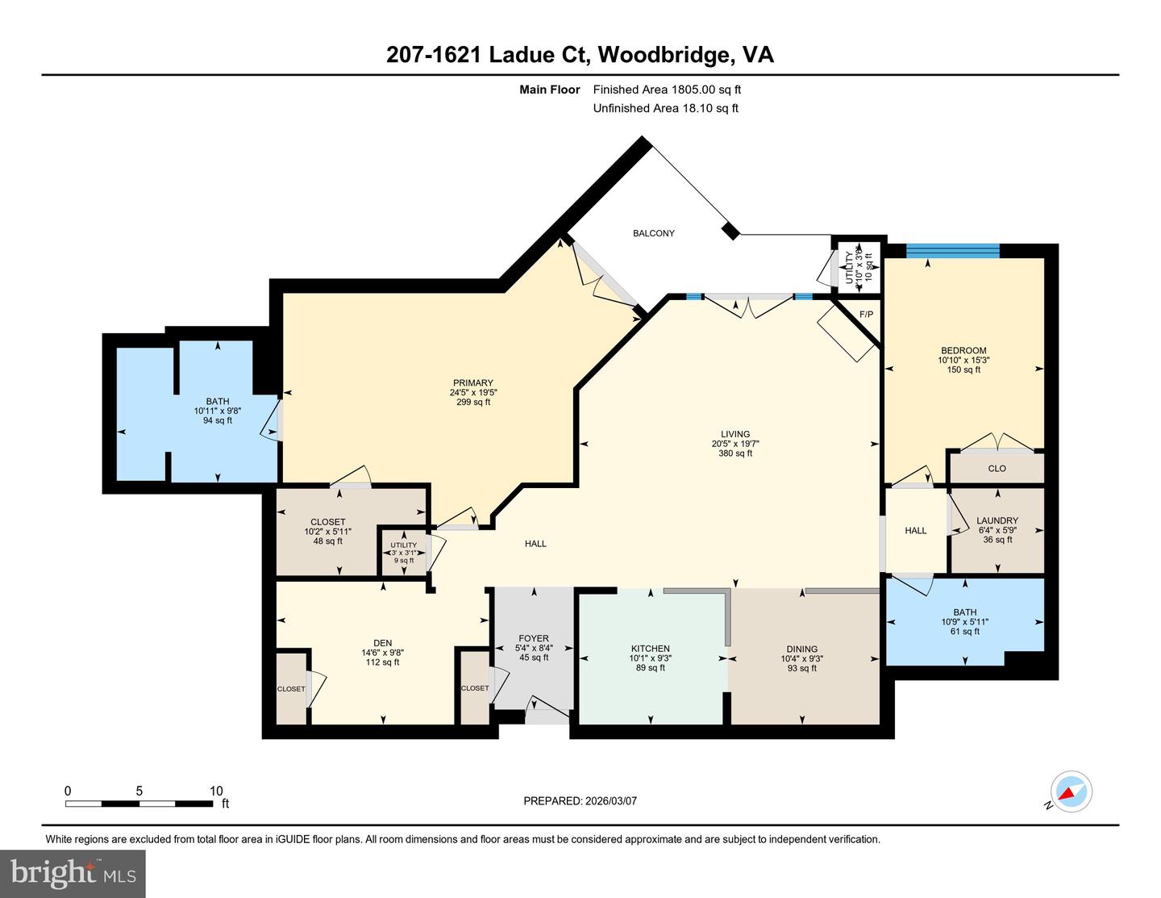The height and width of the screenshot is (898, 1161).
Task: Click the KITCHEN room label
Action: [x=650, y=649]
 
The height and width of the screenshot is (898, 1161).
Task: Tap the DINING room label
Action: [x=801, y=649]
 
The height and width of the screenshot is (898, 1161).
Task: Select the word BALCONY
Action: [x=653, y=233]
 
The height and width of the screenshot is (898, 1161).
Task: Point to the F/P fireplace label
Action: [x=866, y=314]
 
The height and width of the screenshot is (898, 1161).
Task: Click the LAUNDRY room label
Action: [x=997, y=520]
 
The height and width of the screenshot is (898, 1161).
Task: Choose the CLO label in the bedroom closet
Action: [x=997, y=468]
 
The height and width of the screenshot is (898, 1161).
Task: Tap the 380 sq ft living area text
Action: [x=734, y=453]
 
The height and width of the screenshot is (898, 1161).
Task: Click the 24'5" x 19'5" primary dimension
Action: [x=472, y=393]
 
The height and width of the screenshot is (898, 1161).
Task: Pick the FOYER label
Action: [x=534, y=638]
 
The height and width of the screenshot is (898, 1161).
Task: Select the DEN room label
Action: [x=382, y=643]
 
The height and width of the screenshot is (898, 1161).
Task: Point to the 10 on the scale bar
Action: [x=216, y=791]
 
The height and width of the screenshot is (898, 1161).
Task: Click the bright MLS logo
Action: [x=73, y=874]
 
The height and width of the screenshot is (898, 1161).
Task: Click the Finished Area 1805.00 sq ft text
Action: [x=667, y=90]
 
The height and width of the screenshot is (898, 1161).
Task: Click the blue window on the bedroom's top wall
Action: [x=952, y=250]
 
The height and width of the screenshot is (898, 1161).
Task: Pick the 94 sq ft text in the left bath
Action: [x=217, y=420]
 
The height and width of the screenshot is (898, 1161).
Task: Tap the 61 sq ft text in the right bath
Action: [x=964, y=632]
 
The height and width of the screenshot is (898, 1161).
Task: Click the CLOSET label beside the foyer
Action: [x=475, y=688]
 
